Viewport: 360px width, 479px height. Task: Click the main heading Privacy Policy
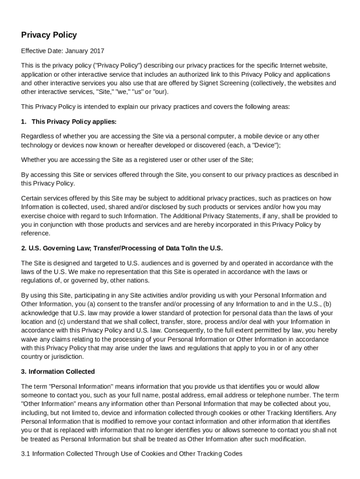tap(49, 35)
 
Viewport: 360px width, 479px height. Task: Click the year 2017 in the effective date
tap(96, 51)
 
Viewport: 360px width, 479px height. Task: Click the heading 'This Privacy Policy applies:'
tap(74, 122)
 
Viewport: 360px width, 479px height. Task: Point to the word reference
tap(35, 233)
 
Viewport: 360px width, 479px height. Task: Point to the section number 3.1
tap(26, 454)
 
